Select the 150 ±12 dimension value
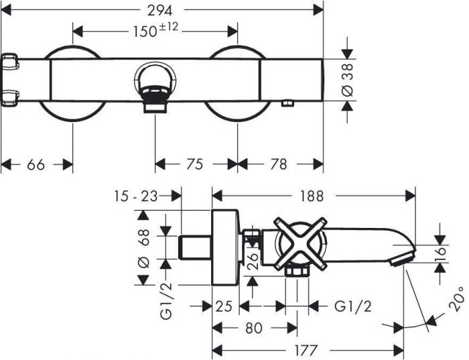point(155,30)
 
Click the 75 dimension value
point(195,164)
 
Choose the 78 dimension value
point(279,164)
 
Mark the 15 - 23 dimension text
point(135,196)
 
